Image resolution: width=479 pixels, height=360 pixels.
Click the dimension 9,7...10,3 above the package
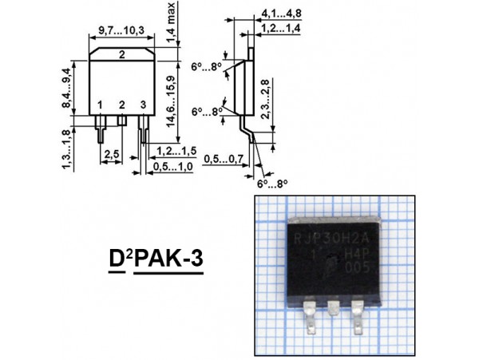[121, 30]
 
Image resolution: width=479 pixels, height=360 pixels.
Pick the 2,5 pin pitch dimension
[112, 152]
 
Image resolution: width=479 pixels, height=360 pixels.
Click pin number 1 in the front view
[100, 105]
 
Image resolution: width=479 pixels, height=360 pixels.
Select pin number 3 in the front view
[142, 105]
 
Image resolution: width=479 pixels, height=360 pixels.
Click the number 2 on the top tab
[121, 55]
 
